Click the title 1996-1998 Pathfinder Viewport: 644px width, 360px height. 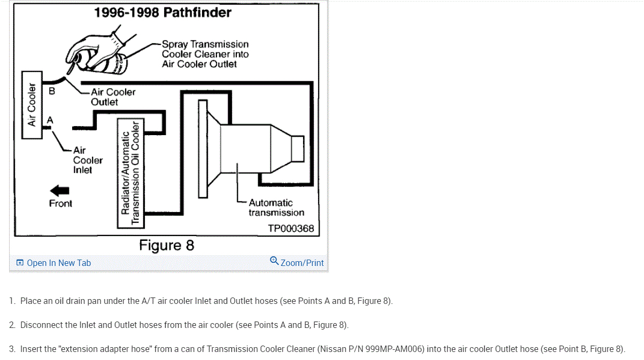pos(162,12)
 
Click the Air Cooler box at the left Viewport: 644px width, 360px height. pos(32,105)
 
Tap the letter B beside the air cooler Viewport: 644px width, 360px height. pos(51,91)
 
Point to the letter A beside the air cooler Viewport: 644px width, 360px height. pos(50,120)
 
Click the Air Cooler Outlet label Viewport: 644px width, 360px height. pos(113,97)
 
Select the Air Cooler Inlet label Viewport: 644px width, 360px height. pos(88,160)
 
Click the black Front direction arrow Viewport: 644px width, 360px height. pos(59,190)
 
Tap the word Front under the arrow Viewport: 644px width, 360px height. pos(60,204)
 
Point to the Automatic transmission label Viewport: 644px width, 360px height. pos(276,208)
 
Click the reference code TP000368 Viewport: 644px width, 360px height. pos(291,229)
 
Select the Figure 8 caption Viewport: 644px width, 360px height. pos(167,246)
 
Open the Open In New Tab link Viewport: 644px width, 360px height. pos(59,263)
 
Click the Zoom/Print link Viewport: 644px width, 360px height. pos(302,263)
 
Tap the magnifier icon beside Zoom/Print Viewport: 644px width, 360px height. pos(274,261)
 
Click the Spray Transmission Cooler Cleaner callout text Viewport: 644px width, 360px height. pos(205,54)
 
